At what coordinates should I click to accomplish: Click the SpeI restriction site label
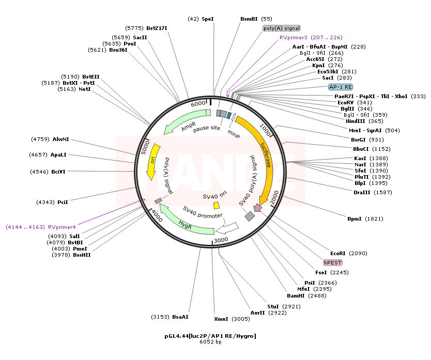tap(207, 19)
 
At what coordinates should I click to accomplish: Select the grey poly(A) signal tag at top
tap(282, 28)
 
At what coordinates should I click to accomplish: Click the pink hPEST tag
tap(333, 262)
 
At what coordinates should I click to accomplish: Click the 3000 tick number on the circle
tap(221, 240)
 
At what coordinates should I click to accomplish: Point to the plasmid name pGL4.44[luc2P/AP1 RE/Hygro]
tap(210, 336)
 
